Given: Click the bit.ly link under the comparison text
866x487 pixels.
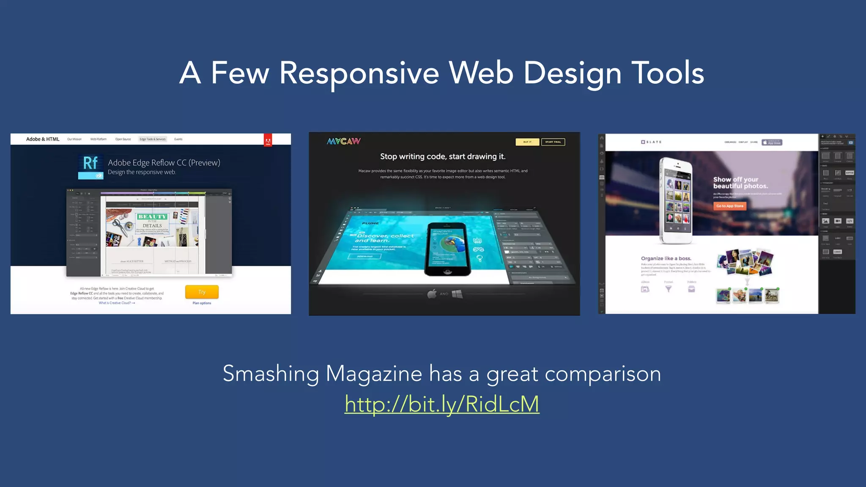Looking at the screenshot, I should [x=441, y=404].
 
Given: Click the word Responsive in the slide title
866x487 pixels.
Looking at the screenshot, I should [x=359, y=73].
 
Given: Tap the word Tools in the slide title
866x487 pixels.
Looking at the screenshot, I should [x=668, y=73].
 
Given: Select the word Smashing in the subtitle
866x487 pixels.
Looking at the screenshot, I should [x=271, y=374].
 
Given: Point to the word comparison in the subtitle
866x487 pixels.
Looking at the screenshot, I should [x=603, y=374].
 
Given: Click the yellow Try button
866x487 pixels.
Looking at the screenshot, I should [x=202, y=292].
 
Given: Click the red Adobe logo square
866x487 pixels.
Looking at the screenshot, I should [x=268, y=140].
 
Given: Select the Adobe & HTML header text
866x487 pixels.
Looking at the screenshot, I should [x=43, y=139].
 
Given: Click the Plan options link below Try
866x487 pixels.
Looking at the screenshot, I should [x=202, y=303].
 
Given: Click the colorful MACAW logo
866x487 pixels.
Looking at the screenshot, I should [x=344, y=141].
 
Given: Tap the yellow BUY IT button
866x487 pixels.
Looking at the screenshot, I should [x=527, y=142].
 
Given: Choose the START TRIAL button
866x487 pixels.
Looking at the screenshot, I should [x=553, y=142].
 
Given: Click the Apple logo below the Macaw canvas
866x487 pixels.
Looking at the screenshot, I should [x=432, y=294].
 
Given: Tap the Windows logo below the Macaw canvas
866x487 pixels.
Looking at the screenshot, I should [x=457, y=294].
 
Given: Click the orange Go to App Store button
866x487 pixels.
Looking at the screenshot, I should [x=729, y=206].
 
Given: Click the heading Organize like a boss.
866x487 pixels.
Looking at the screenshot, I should [x=666, y=258].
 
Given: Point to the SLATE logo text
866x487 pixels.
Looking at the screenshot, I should [x=652, y=142].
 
